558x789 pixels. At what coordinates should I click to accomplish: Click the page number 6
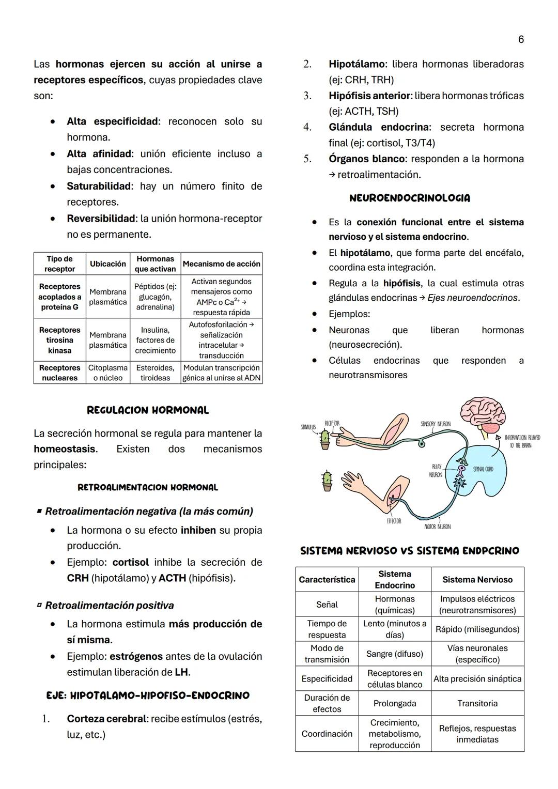[x=521, y=40]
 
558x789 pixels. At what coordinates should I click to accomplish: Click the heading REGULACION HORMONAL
[x=148, y=410]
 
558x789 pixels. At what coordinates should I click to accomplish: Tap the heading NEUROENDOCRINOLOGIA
[x=409, y=198]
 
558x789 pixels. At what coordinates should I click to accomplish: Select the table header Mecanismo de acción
[x=221, y=264]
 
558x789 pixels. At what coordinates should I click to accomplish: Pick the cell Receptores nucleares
[x=59, y=373]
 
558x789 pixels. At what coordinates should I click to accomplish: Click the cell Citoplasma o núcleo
[x=108, y=373]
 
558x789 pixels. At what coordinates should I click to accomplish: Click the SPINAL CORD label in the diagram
[x=483, y=469]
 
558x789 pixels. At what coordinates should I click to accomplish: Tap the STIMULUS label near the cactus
[x=308, y=427]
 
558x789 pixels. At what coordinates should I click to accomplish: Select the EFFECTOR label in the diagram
[x=394, y=521]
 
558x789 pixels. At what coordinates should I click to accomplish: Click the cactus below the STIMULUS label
[x=325, y=439]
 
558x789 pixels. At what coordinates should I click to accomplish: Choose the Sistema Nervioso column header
[x=477, y=579]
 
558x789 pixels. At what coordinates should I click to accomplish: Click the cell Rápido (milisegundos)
[x=477, y=629]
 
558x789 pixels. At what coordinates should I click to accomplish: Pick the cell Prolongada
[x=394, y=703]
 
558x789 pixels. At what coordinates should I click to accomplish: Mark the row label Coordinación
[x=327, y=733]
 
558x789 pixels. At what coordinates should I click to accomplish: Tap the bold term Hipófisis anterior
[x=369, y=96]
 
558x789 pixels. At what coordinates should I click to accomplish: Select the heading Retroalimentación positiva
[x=109, y=605]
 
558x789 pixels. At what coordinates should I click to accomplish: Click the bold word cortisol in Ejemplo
[x=130, y=562]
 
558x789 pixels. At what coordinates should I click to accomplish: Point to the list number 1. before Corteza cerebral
[x=45, y=719]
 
